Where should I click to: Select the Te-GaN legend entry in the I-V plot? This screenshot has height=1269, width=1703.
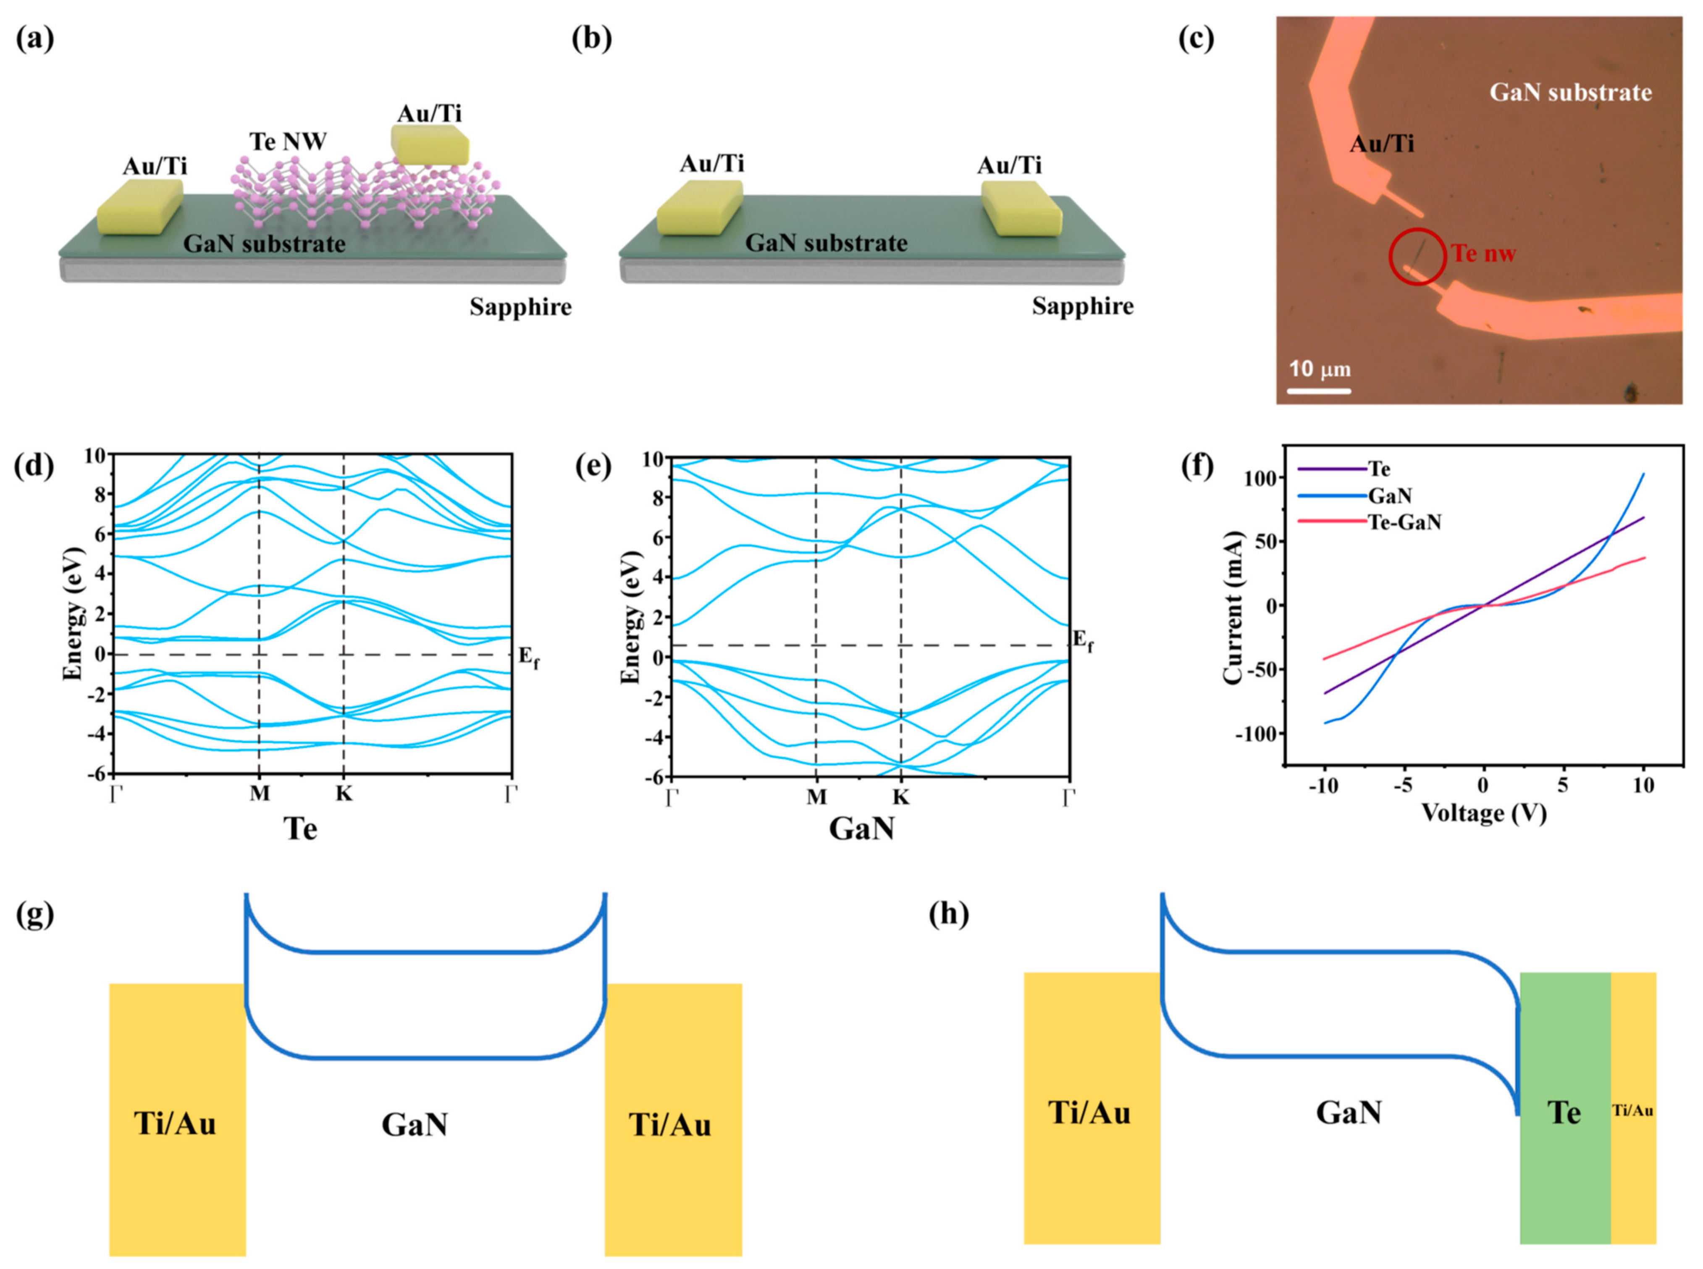(x=1405, y=522)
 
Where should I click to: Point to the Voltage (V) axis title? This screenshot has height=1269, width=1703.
(x=1483, y=813)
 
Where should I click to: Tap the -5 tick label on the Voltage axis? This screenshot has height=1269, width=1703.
(x=1403, y=786)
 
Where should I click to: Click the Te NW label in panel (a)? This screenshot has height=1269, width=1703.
(x=288, y=142)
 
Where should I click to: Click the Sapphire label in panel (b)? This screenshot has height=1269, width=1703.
(x=1082, y=307)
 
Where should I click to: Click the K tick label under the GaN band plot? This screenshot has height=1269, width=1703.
(x=900, y=797)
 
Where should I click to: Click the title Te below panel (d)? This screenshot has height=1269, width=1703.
(x=300, y=828)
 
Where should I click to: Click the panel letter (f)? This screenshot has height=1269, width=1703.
(x=1195, y=466)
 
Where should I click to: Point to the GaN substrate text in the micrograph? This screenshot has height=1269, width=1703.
(x=1570, y=93)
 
